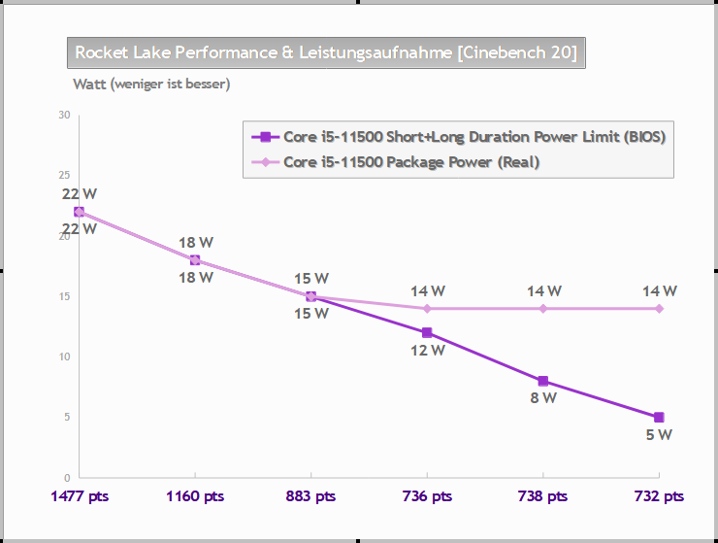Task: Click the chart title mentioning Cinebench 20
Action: click(x=326, y=52)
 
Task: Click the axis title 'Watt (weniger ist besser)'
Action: click(x=151, y=85)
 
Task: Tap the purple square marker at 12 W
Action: click(x=427, y=333)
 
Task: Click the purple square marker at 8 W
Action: click(x=543, y=382)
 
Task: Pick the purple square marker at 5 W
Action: click(x=659, y=418)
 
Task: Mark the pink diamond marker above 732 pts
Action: click(x=659, y=309)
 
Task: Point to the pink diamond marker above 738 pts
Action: click(x=543, y=309)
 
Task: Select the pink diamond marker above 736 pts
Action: click(x=427, y=309)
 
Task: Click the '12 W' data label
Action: click(x=427, y=351)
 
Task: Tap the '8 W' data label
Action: click(x=542, y=398)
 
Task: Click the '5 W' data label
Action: click(x=659, y=435)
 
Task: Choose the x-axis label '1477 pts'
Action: click(x=80, y=496)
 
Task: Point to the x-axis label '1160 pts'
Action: click(x=195, y=496)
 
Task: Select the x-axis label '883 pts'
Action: click(x=310, y=496)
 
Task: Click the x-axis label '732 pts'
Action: click(x=659, y=496)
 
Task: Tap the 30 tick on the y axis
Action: click(x=64, y=116)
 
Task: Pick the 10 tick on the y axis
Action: click(x=64, y=357)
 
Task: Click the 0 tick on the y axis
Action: click(x=67, y=478)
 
